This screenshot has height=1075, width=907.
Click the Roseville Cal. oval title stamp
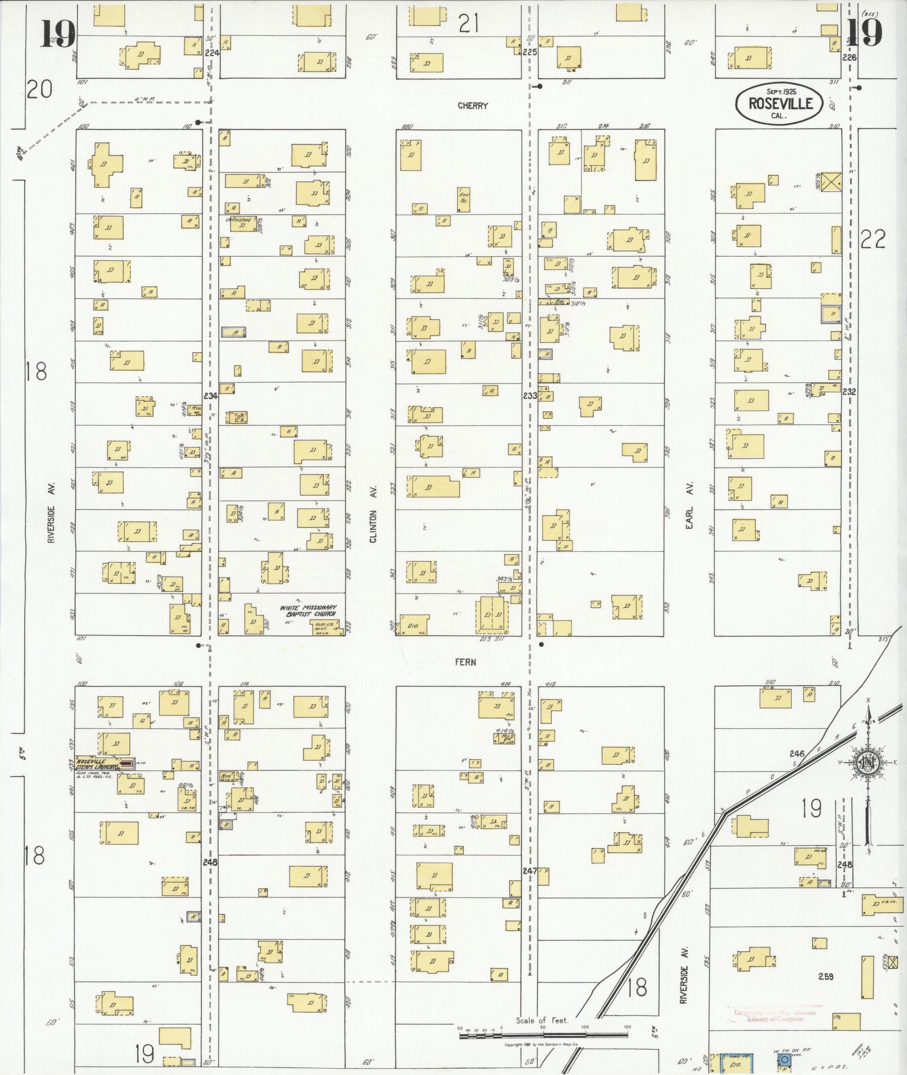(x=779, y=103)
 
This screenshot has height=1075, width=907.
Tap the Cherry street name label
(x=472, y=106)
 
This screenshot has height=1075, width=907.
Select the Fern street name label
(x=466, y=662)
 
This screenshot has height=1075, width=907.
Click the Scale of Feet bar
(x=543, y=1032)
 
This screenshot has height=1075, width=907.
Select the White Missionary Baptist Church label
(x=309, y=611)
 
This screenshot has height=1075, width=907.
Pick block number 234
(x=210, y=396)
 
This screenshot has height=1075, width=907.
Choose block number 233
(x=530, y=396)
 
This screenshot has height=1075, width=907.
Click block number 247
(x=530, y=870)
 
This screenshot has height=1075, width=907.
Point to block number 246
(x=797, y=754)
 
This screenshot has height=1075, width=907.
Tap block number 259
(x=825, y=977)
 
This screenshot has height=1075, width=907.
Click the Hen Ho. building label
(x=464, y=198)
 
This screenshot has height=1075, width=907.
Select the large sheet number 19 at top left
(x=58, y=35)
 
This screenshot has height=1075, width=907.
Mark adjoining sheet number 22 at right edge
(x=873, y=240)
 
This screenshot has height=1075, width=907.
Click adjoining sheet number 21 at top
(x=468, y=24)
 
